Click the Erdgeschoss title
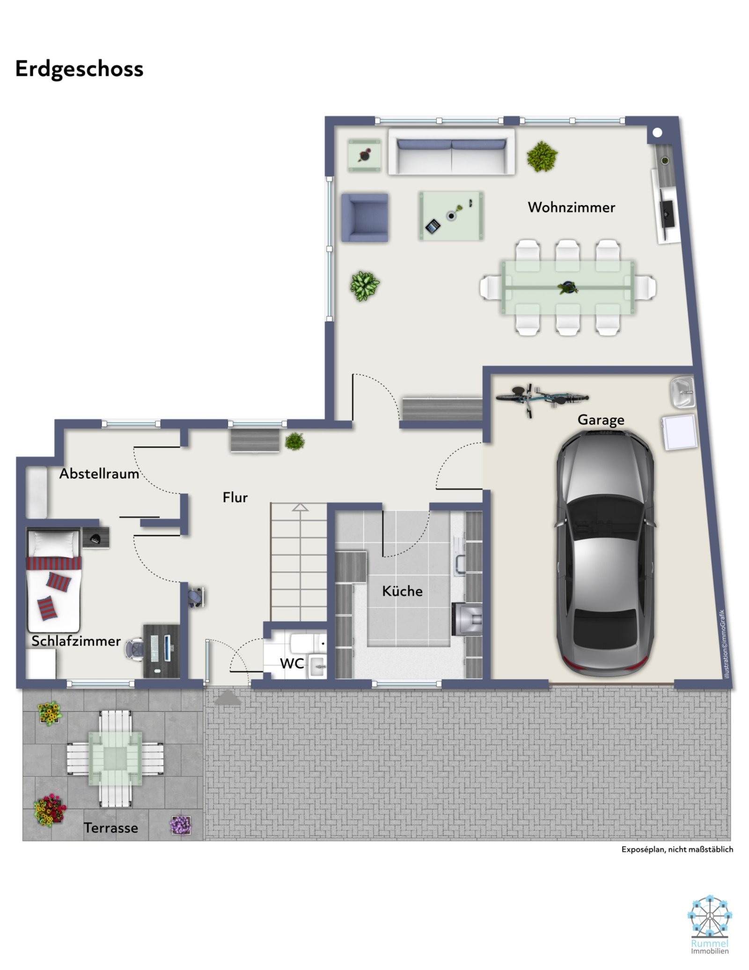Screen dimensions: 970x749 pos(79,69)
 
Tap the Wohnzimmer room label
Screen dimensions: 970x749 pos(571,207)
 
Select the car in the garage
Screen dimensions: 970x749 pos(605,553)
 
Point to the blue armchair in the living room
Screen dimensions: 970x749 pos(365,217)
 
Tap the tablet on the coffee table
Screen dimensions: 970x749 pos(433,227)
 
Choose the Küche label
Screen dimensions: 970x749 pos(402,591)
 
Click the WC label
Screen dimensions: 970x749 pos(292,663)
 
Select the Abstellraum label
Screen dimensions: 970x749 pos(99,474)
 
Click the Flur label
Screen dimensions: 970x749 pos(235,497)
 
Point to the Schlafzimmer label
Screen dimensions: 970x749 pos(76,641)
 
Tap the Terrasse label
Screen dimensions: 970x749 pos(111,828)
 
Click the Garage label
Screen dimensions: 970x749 pos(601,420)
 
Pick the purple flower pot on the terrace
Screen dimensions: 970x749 pos(180,825)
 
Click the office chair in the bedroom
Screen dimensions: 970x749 pos(135,649)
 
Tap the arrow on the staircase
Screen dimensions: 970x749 pos(300,507)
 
